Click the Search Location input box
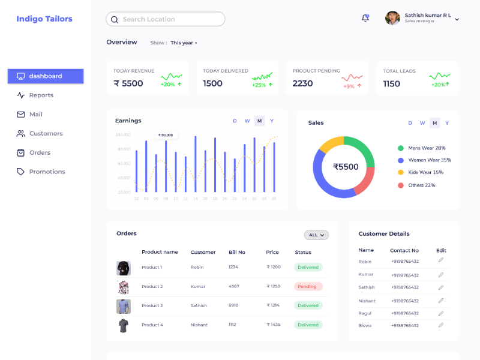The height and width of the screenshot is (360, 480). pos(166,19)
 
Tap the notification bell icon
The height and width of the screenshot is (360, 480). pos(365,18)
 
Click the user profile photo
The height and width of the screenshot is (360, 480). pos(393,18)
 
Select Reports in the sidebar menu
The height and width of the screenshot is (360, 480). pos(41,95)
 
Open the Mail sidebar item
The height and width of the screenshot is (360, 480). pos(35,115)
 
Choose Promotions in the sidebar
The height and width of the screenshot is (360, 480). pos(47,172)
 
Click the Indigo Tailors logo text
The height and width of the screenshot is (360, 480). pos(44,19)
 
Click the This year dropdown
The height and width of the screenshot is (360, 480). pos(184,43)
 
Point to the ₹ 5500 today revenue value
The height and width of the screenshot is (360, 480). pos(128,83)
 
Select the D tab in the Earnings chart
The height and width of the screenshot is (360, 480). pos(235,121)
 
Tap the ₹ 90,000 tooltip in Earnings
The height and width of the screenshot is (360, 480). pos(166,136)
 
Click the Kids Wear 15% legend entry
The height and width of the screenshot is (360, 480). pos(425,173)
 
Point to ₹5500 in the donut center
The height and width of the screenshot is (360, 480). pos(346,167)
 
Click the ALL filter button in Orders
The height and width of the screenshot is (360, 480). pos(316,235)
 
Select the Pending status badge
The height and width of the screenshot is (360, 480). pos(307,287)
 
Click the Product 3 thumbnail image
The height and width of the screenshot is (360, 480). pos(124,306)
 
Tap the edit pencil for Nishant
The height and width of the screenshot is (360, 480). pos(441,300)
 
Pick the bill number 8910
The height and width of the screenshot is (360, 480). pos(233,305)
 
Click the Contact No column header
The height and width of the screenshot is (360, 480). pos(404,250)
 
